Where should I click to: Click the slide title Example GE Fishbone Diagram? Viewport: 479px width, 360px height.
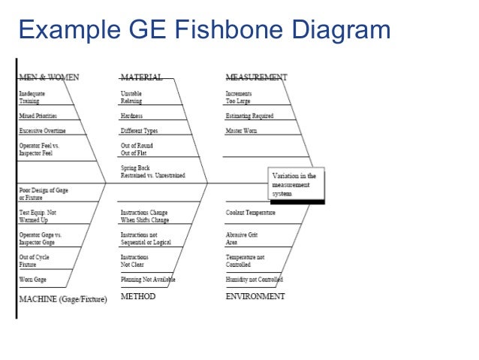(x=204, y=30)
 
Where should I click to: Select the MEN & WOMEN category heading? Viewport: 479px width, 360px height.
(x=49, y=77)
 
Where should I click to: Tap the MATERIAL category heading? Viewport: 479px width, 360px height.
(x=141, y=77)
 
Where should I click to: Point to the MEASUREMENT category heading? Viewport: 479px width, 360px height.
(x=256, y=77)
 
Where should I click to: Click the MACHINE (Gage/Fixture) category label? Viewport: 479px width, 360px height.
(x=62, y=298)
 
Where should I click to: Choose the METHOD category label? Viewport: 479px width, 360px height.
(x=138, y=297)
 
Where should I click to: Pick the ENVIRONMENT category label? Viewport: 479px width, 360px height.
(x=255, y=297)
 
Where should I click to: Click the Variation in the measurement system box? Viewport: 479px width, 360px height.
(x=296, y=185)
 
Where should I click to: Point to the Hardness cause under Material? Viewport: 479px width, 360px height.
(x=132, y=116)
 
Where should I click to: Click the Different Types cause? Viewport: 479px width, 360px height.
(x=139, y=132)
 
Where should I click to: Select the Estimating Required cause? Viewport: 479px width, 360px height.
(x=249, y=116)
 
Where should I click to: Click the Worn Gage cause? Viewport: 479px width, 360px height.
(x=33, y=280)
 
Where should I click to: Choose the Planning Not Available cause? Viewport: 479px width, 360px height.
(x=148, y=280)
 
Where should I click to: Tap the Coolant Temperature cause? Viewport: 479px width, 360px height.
(x=250, y=213)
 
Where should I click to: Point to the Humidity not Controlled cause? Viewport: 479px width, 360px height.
(x=255, y=280)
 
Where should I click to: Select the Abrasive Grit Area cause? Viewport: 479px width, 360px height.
(x=243, y=239)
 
